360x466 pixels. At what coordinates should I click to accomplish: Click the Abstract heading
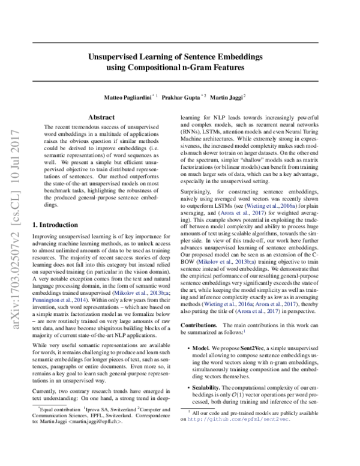101,117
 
